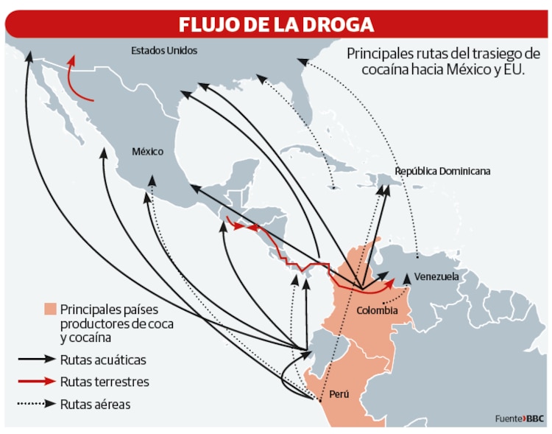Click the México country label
click(147, 151)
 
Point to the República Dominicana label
click(442, 171)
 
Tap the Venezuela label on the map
click(436, 277)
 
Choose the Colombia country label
click(377, 311)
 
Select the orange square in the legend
click(50, 308)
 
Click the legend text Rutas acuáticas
click(103, 360)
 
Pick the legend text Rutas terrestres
click(105, 382)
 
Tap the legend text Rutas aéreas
click(96, 404)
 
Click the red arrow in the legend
click(37, 382)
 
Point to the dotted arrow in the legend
click(37, 404)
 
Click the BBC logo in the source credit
click(535, 419)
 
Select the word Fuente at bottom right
click(509, 419)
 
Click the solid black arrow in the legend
click(37, 360)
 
